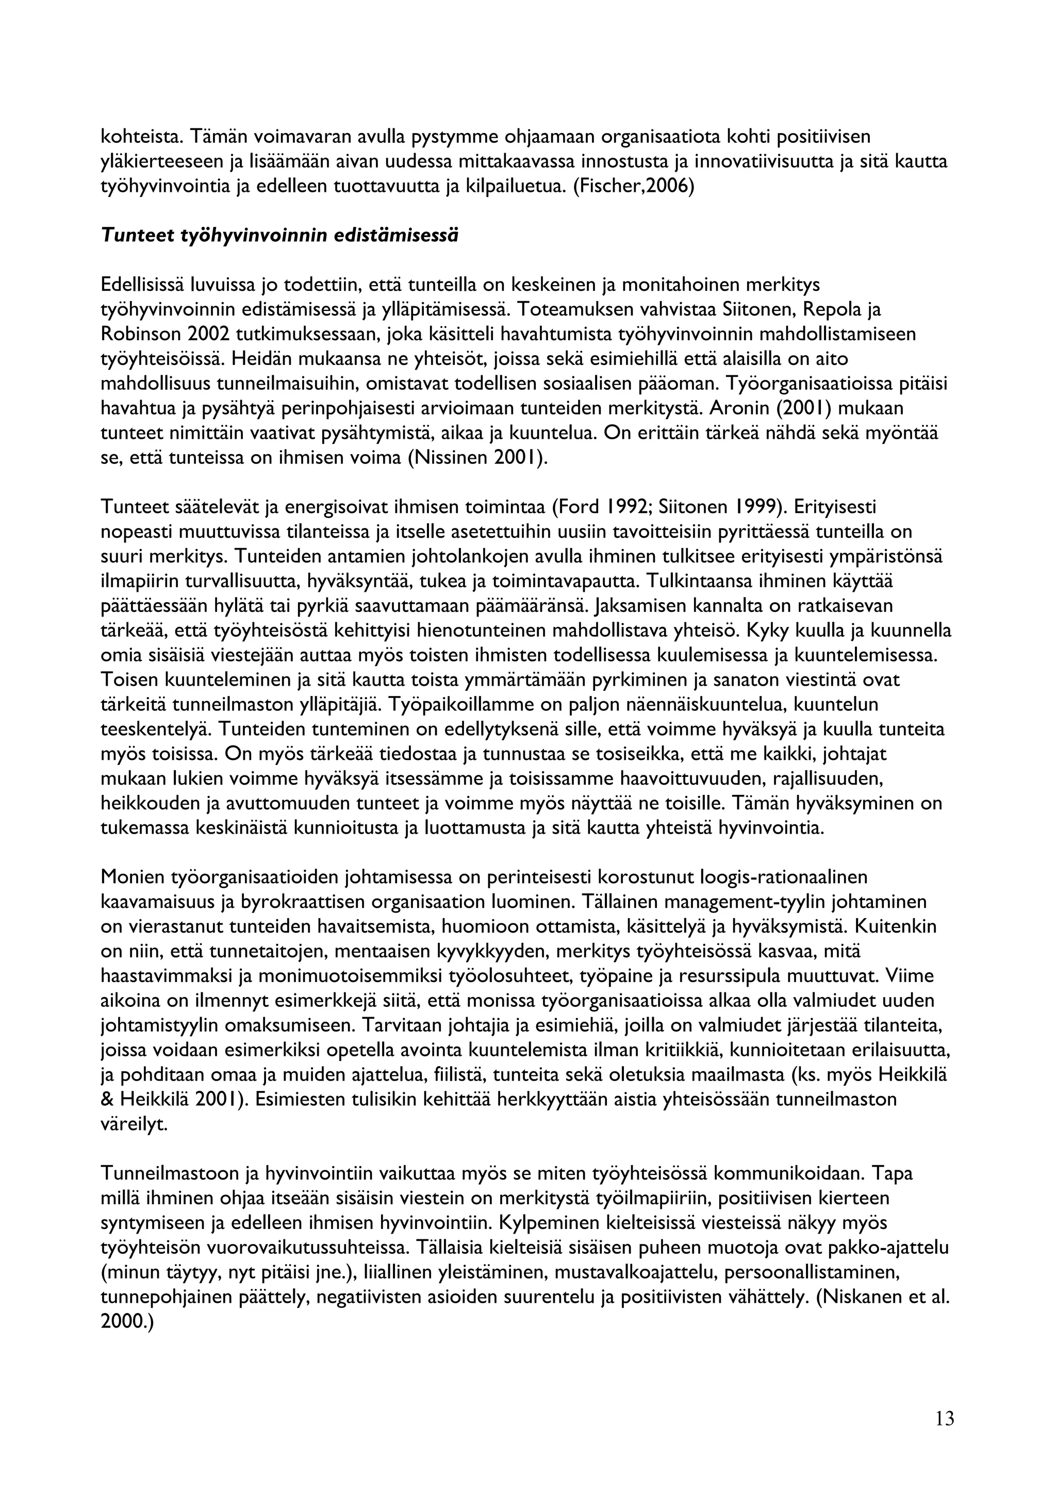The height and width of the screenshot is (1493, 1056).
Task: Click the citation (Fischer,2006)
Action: click(x=633, y=187)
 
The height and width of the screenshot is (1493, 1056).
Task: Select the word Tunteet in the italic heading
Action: click(x=136, y=236)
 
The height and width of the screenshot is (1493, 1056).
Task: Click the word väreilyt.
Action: click(x=134, y=1124)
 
